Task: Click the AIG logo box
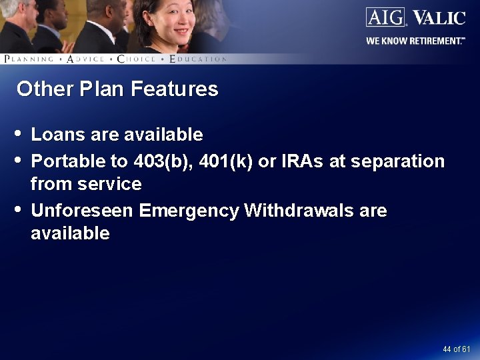coord(385,17)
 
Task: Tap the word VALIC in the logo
coord(439,17)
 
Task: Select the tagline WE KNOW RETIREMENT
coord(415,41)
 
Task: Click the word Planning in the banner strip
coord(29,59)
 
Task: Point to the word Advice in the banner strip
coord(85,59)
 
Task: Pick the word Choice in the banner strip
coord(136,59)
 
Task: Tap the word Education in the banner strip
coord(198,59)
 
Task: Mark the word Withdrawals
coord(299,211)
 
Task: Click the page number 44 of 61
coord(456,349)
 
